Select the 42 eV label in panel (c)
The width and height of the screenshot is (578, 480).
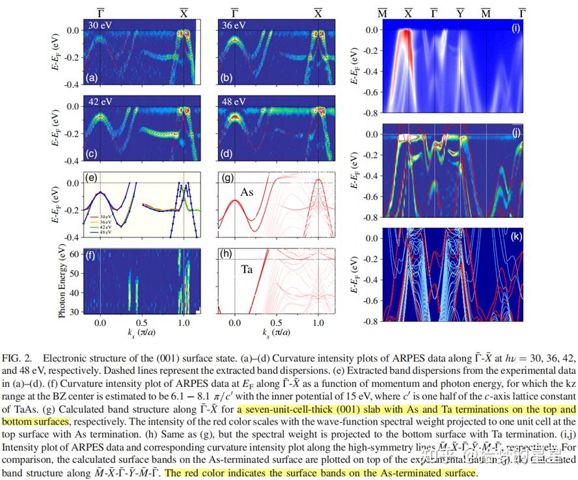tap(102, 102)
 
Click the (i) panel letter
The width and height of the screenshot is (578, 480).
tap(516, 29)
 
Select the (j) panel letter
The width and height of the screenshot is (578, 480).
tap(516, 134)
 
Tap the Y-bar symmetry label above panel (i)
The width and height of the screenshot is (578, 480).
tap(460, 12)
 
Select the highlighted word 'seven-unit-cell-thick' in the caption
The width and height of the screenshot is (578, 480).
tap(288, 410)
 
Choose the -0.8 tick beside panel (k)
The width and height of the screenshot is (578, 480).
tap(370, 321)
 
